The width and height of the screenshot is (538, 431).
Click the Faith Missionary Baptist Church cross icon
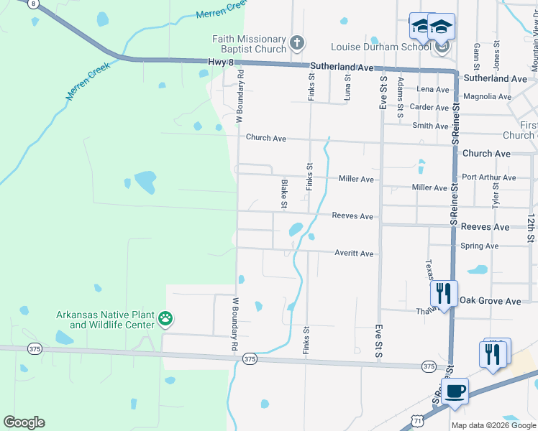coord(296,45)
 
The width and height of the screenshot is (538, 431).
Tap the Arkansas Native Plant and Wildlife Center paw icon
coord(166,318)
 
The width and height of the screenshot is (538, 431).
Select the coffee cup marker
coord(455,392)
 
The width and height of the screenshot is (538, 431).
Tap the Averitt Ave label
coord(354,254)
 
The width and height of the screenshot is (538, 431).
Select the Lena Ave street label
coord(433,90)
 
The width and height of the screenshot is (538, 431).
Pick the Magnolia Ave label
coord(487,96)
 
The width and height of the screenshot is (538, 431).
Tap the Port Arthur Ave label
coord(489,177)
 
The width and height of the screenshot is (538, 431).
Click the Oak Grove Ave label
coord(490,302)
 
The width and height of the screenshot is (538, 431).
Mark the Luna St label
coord(347,86)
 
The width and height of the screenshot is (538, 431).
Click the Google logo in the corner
coord(24,422)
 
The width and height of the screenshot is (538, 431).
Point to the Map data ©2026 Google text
coord(493,425)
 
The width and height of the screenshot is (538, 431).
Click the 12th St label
coord(530,226)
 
